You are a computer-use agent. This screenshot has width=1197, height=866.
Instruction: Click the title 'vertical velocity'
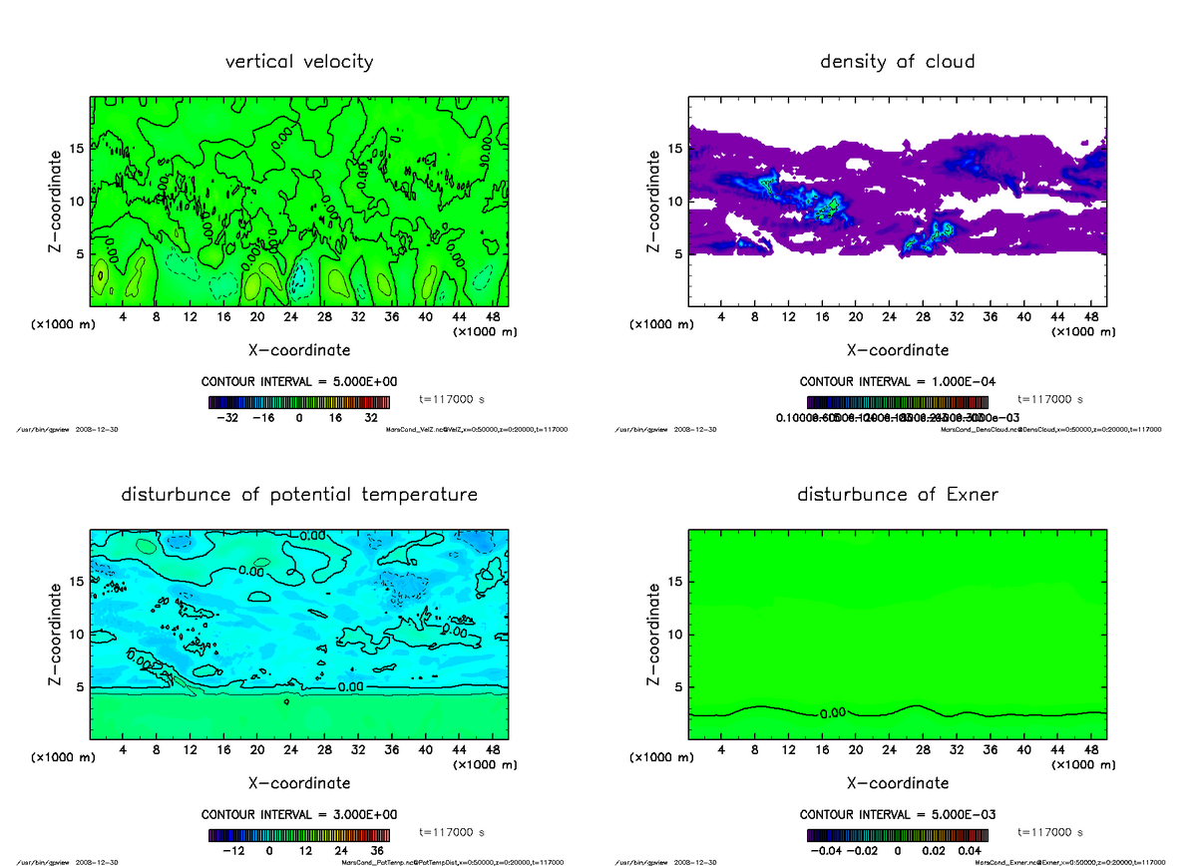[299, 62]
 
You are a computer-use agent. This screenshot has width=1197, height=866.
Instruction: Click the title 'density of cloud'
[897, 62]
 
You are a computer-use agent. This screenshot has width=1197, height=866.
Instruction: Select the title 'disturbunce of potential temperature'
[299, 495]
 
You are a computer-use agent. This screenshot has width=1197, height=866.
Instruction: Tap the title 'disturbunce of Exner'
[897, 495]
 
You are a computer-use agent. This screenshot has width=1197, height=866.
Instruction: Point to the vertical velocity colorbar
[299, 403]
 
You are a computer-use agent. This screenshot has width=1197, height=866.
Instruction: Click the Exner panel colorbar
[897, 836]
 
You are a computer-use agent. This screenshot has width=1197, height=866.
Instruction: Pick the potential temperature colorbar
[299, 836]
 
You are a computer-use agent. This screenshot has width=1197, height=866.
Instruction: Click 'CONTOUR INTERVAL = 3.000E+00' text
[299, 814]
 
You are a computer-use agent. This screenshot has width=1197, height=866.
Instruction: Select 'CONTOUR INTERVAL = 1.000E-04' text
[897, 381]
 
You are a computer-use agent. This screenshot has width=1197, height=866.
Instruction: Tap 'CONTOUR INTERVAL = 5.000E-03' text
[897, 814]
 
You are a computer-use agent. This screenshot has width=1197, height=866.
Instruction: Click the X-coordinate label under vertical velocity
[299, 350]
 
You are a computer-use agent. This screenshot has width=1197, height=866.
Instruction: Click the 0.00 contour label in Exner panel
[833, 713]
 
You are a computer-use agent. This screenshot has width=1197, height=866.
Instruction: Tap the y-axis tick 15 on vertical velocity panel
[76, 150]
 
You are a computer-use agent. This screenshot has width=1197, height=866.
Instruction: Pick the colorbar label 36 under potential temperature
[378, 852]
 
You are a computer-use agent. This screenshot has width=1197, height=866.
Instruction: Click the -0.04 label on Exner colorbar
[824, 852]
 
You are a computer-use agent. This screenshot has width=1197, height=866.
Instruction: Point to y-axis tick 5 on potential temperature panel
[80, 687]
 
